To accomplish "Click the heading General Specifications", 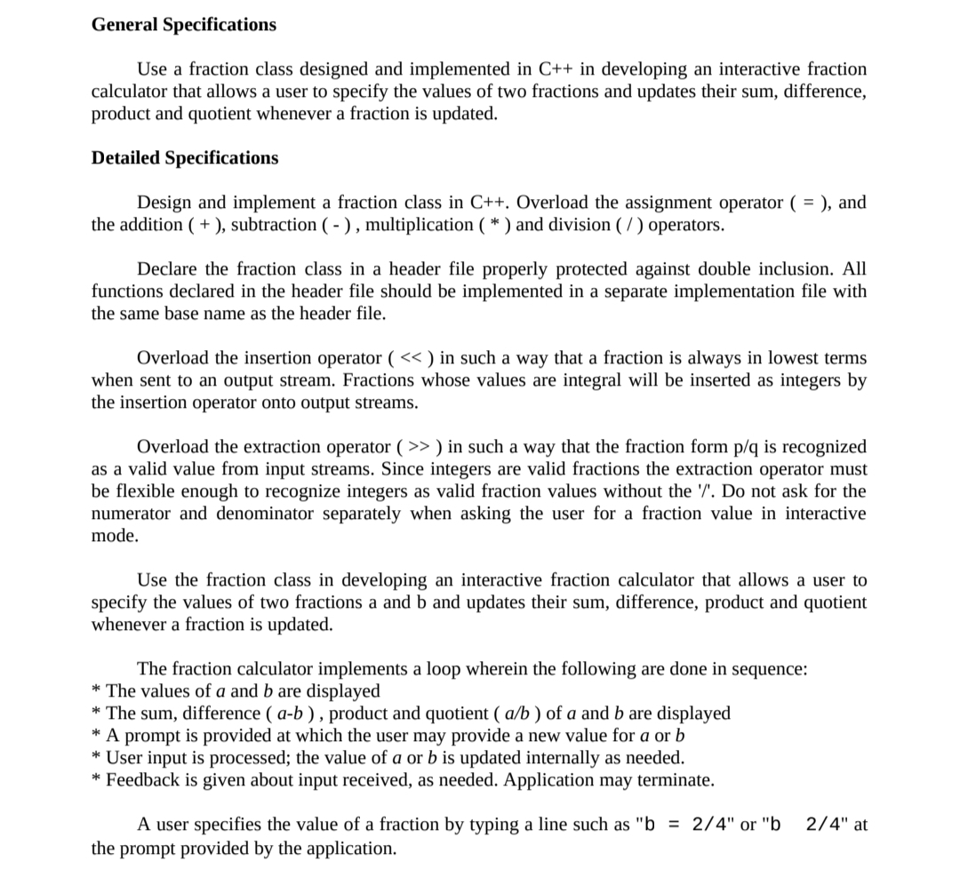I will coord(184,25).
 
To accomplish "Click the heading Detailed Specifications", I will coord(185,158).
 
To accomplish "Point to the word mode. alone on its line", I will coord(115,537).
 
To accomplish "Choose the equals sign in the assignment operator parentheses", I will coord(807,203).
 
